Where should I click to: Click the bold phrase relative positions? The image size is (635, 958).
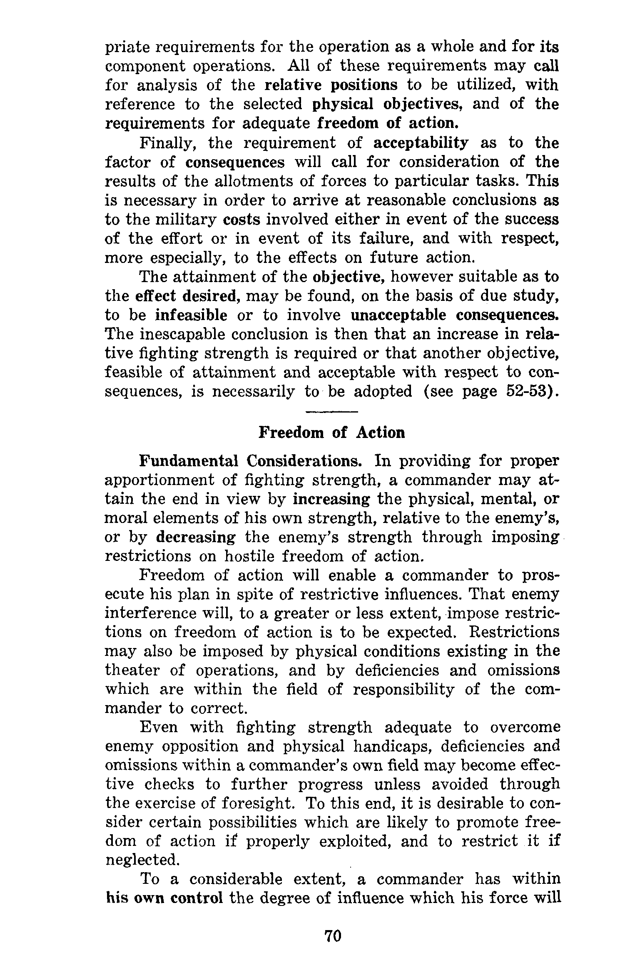(331, 85)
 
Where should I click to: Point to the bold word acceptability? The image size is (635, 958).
(421, 143)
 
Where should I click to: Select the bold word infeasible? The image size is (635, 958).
(191, 315)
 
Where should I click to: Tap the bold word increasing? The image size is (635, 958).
(331, 499)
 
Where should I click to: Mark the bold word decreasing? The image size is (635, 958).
(195, 538)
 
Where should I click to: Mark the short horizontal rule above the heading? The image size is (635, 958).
(331, 412)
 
